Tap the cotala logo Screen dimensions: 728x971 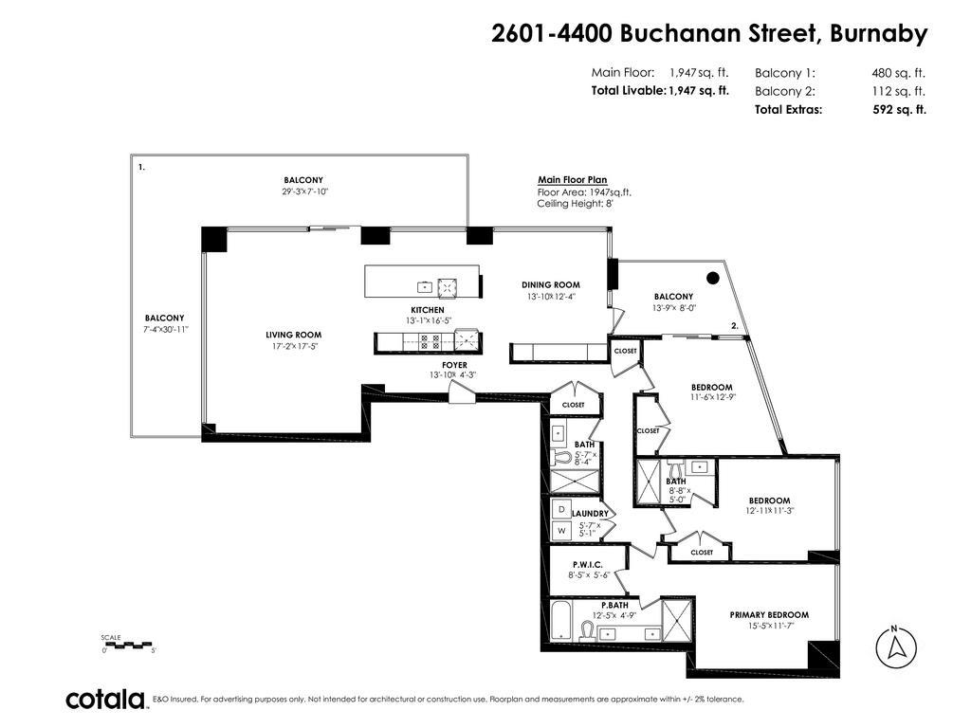pos(104,700)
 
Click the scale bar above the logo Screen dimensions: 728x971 pos(128,645)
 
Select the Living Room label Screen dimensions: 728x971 pos(293,335)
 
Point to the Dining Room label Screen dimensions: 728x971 pos(550,284)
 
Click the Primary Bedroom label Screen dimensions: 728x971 pos(769,614)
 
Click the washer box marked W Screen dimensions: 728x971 pos(560,531)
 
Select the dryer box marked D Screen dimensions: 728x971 pos(560,509)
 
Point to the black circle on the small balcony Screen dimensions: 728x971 pos(713,279)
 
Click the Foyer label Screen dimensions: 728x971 pos(454,365)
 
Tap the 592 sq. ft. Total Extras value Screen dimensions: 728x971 pos(898,109)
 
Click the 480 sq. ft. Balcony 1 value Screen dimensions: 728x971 pos(898,73)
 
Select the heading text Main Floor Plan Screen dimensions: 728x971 pos(572,180)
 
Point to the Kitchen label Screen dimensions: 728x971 pos(427,310)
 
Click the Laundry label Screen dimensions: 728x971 pos(589,514)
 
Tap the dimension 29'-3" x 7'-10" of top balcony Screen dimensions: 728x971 pos(303,191)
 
